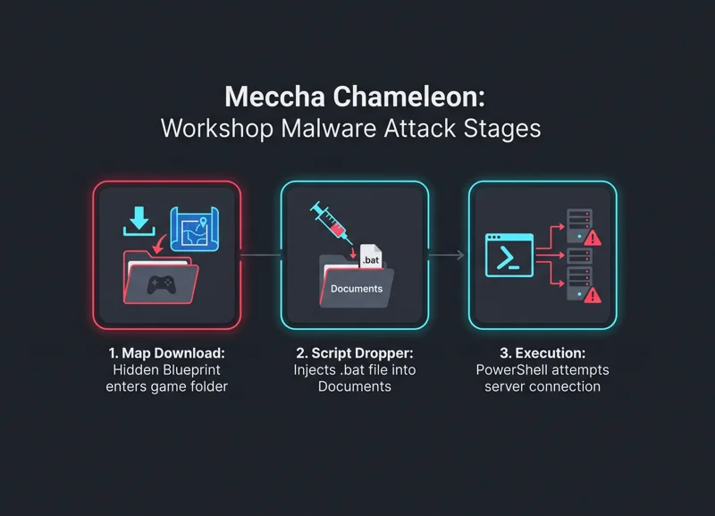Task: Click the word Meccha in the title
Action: click(274, 97)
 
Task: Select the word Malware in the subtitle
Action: click(329, 128)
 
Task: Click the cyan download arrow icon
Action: click(139, 221)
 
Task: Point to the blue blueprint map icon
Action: click(195, 229)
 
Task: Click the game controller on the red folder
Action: click(161, 285)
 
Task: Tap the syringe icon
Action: click(331, 223)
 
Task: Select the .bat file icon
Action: click(371, 256)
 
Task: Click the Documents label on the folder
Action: click(357, 289)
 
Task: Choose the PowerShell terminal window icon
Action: click(509, 256)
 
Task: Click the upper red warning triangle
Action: click(593, 238)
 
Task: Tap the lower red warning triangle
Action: click(593, 295)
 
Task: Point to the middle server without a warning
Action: click(579, 256)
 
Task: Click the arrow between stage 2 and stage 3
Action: click(446, 255)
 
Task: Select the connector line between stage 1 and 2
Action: click(261, 255)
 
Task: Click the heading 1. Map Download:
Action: click(166, 353)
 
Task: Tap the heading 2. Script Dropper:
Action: click(355, 353)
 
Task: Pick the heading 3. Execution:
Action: click(543, 353)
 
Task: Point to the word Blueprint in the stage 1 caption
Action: click(192, 370)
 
